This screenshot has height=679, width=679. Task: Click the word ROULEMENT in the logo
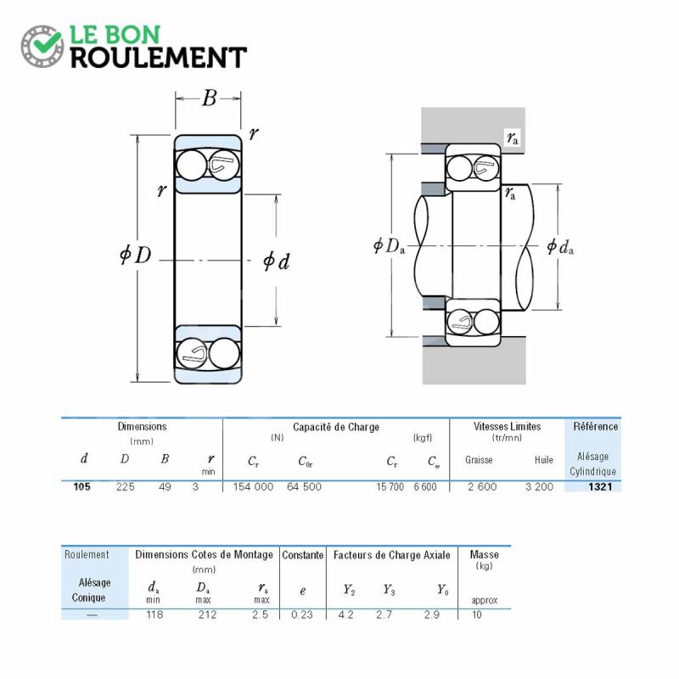click(x=159, y=58)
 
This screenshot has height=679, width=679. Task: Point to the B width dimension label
click(x=209, y=98)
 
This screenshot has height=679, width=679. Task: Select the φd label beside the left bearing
click(x=277, y=261)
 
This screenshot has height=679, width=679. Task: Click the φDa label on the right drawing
click(x=389, y=246)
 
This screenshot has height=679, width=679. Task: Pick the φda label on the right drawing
click(x=560, y=247)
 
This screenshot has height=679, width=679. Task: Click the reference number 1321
click(x=600, y=486)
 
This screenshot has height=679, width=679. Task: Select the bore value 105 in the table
click(x=81, y=486)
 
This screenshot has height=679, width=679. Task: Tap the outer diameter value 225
click(x=125, y=486)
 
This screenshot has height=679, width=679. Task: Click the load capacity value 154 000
click(x=253, y=486)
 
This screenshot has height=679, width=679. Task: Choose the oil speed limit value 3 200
click(x=539, y=486)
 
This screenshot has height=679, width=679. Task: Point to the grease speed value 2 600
click(x=482, y=486)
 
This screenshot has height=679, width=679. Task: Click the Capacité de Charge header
click(x=336, y=428)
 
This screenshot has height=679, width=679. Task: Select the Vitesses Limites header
click(x=507, y=427)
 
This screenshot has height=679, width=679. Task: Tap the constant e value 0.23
click(x=302, y=614)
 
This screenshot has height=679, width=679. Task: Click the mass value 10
click(x=477, y=614)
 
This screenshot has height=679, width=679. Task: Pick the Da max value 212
click(x=207, y=614)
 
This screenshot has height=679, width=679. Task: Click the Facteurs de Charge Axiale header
click(x=392, y=555)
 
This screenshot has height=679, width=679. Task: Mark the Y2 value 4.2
click(x=345, y=614)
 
